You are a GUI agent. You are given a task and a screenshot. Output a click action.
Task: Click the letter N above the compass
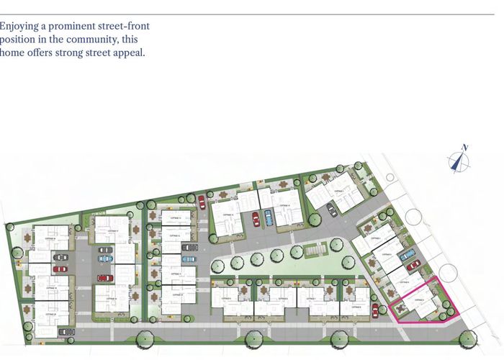[x=465, y=148]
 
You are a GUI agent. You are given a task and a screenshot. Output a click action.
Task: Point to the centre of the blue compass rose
[x=456, y=162]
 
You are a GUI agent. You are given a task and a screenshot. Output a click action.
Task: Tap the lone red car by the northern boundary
[x=202, y=202]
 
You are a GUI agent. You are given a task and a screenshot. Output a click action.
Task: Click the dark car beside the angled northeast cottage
[x=332, y=210]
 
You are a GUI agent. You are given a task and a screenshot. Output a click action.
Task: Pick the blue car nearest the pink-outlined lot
[x=407, y=254]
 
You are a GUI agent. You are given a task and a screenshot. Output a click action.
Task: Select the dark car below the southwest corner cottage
[x=66, y=332]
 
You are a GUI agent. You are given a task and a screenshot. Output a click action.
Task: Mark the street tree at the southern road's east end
[x=469, y=338]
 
